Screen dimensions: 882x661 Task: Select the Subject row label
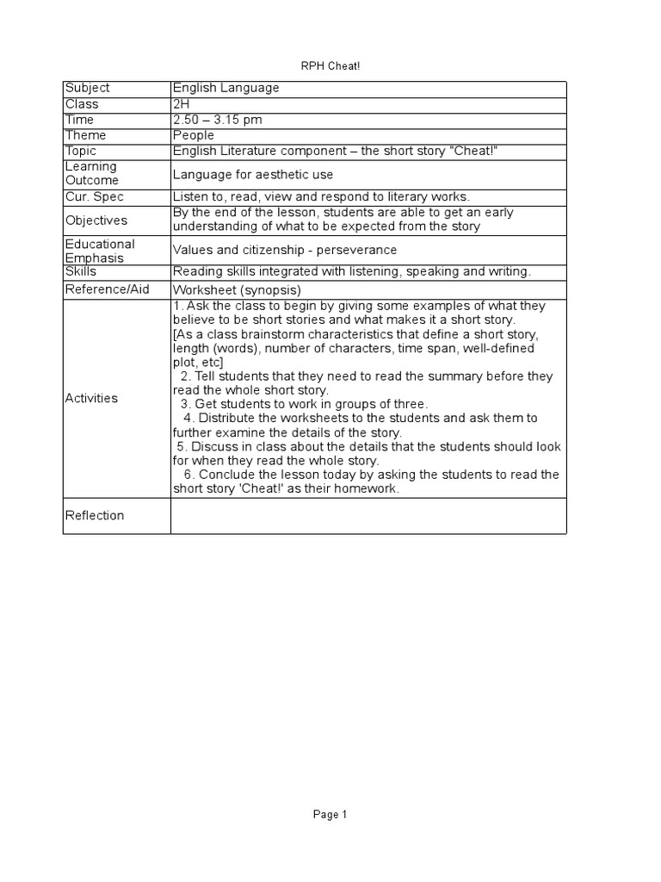tap(88, 89)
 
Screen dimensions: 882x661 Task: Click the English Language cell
tap(225, 89)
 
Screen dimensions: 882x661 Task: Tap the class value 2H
tap(181, 104)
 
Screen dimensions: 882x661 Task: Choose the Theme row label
tap(86, 135)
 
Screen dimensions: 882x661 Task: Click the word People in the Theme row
tap(194, 135)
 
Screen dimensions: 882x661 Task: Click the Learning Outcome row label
tap(91, 173)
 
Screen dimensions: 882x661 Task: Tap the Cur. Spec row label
tap(95, 197)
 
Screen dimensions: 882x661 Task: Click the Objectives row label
tap(96, 220)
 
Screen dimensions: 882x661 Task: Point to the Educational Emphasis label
tap(100, 251)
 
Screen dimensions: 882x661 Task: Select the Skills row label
tap(81, 271)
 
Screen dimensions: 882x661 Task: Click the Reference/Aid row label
tap(108, 289)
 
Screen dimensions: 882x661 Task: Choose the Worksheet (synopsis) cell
tap(237, 290)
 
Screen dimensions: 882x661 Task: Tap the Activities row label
tap(92, 398)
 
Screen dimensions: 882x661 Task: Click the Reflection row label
tap(95, 515)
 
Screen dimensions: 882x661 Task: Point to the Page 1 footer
tap(330, 814)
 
